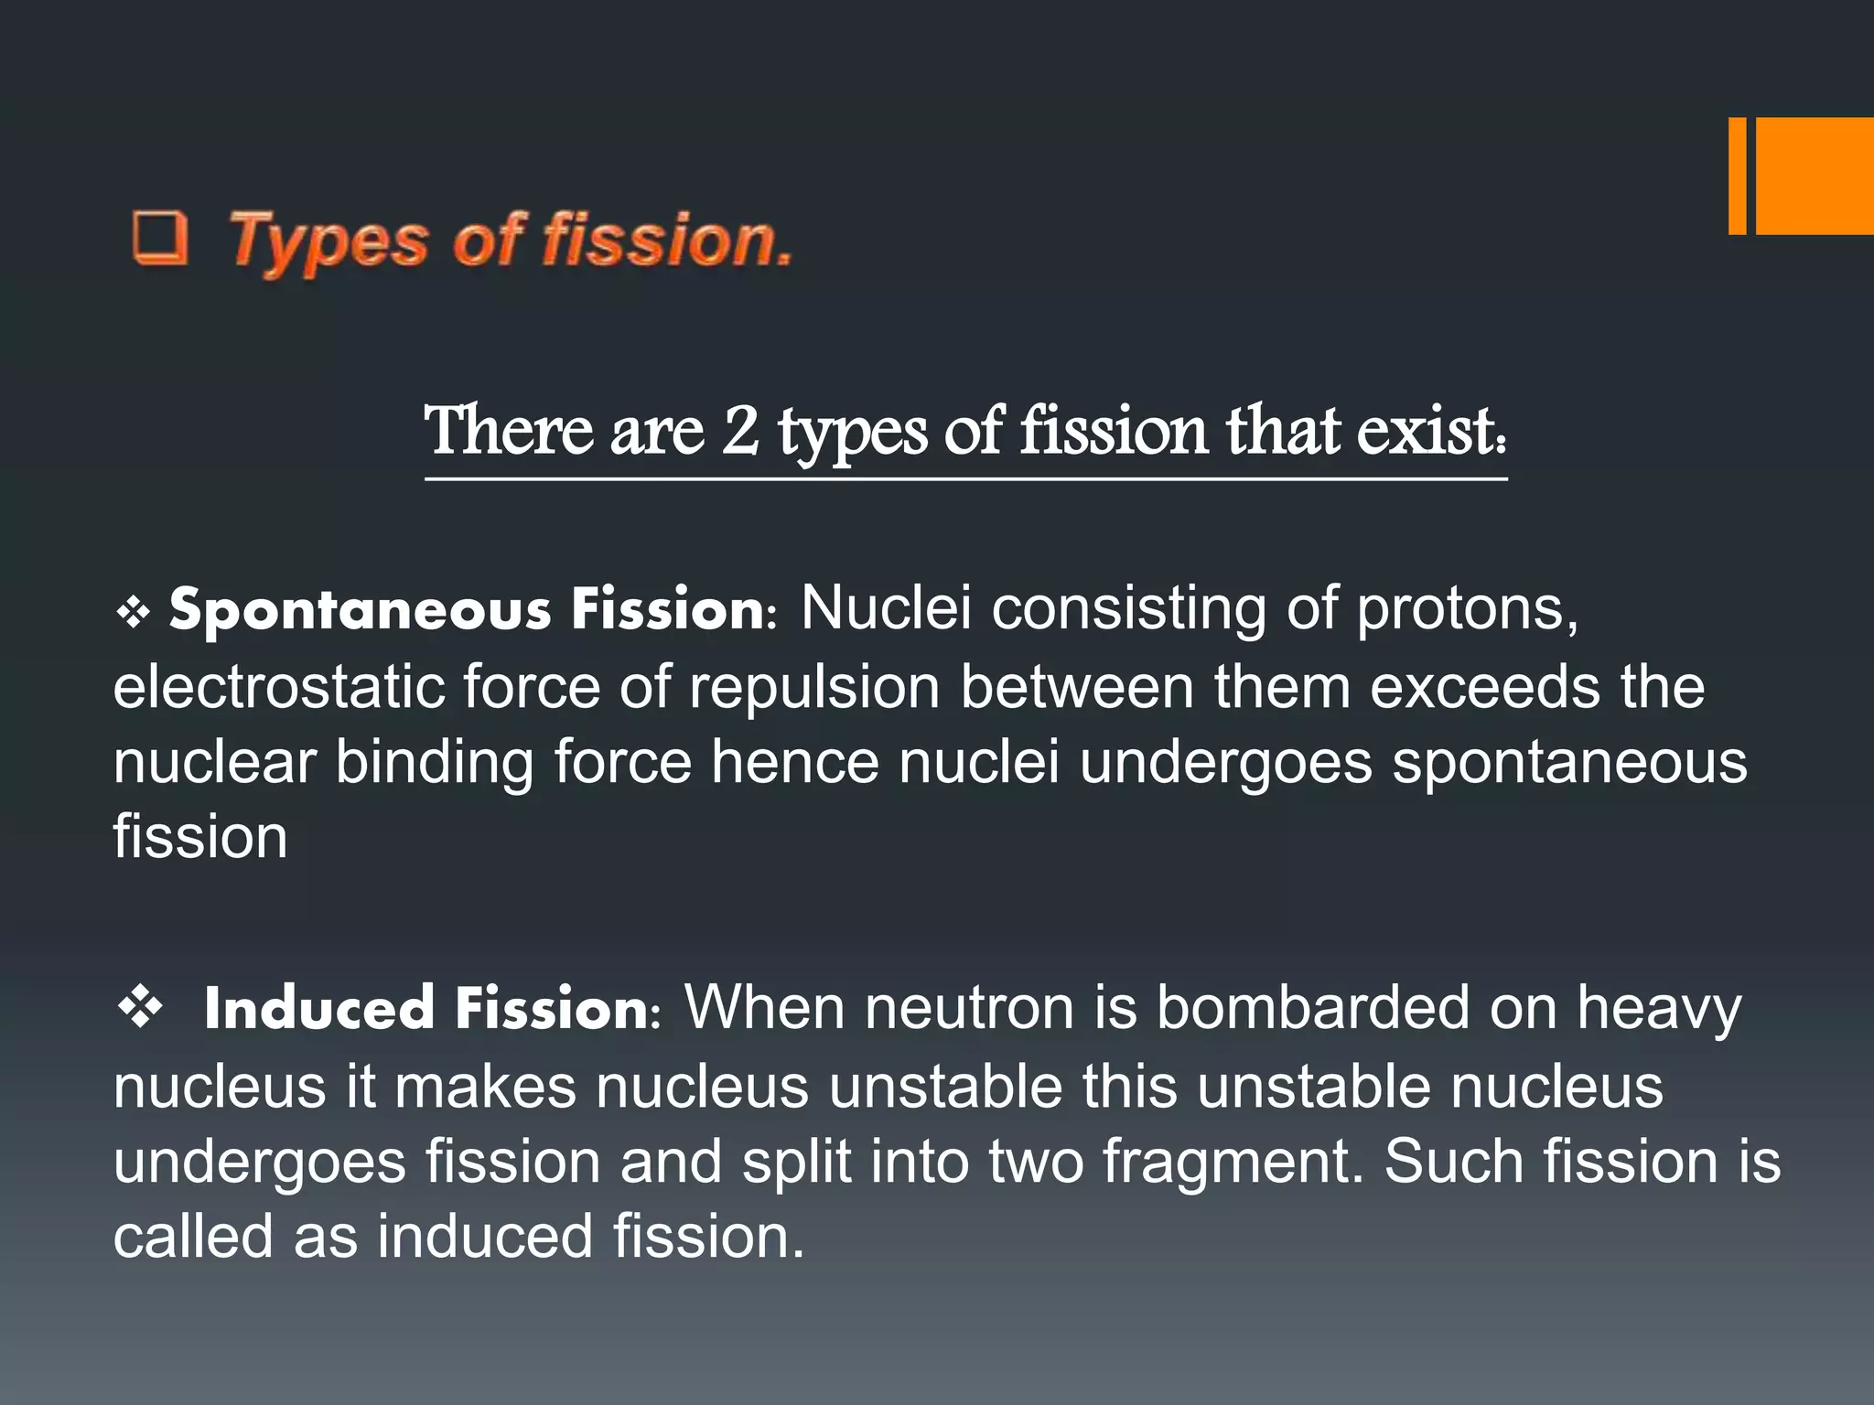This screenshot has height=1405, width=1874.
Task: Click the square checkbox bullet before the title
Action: [161, 238]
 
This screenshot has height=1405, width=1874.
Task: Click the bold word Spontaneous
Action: [360, 610]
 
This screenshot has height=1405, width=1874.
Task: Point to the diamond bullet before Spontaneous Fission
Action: [134, 613]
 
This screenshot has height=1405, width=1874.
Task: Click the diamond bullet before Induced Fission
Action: [141, 1008]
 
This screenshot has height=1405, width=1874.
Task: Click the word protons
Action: [1467, 607]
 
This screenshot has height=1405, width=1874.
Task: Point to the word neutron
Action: [969, 1008]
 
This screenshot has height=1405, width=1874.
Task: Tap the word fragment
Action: [1226, 1162]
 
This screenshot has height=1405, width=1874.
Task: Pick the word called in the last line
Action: [193, 1236]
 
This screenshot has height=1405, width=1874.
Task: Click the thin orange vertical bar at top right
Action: [1737, 176]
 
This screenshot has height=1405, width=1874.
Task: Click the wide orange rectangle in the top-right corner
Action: [1815, 176]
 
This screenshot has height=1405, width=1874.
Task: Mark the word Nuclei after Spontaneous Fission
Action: [885, 607]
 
